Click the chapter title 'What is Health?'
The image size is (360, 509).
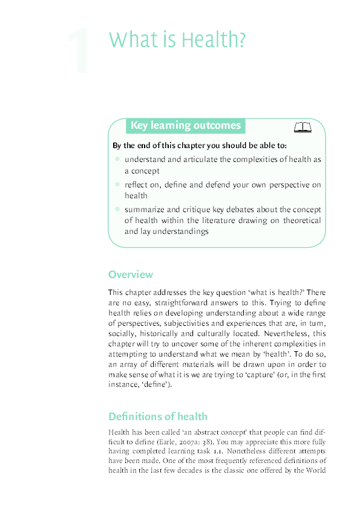pos(177,40)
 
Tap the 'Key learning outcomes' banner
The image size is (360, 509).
pos(185,126)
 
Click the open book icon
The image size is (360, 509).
pos(302,127)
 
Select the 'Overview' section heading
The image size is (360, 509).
pos(130,274)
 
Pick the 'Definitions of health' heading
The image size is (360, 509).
pos(157,417)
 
